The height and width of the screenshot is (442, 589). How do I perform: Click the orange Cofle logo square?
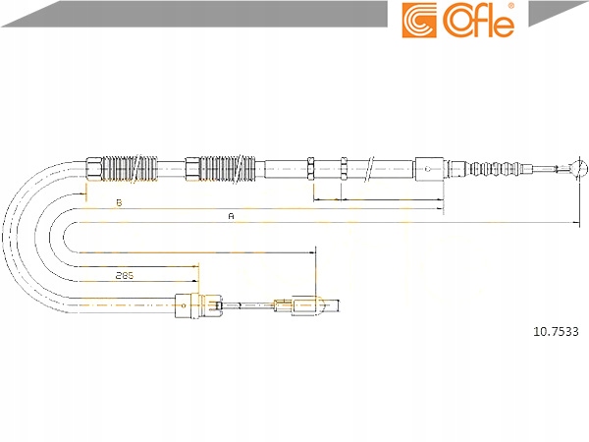coord(419,21)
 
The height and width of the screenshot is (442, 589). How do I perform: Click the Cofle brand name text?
coord(479,20)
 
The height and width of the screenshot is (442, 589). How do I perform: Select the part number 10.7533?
coord(556,332)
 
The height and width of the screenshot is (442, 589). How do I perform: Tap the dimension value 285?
coord(125,275)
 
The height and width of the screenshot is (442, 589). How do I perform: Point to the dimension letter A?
coord(232,216)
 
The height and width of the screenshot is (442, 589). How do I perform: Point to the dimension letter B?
coord(119,203)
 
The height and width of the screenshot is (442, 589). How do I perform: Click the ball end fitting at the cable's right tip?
coord(578,168)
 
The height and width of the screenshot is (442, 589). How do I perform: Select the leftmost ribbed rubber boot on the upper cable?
coord(130,169)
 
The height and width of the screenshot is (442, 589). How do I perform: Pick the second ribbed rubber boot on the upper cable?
coord(228,169)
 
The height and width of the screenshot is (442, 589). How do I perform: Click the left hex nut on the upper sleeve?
coord(310,169)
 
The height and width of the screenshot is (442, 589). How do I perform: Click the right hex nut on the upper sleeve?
coord(344,169)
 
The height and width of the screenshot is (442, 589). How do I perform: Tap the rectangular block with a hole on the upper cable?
coord(429,169)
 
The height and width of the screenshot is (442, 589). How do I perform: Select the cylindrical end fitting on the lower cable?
coord(317,305)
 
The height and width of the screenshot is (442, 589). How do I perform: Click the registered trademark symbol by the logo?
coord(510,6)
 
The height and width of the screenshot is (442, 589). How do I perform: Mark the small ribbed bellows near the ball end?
coord(495,168)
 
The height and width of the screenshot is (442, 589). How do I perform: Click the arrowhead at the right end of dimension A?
coord(576,223)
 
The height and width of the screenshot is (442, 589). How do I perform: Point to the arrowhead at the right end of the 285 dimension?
coord(195,281)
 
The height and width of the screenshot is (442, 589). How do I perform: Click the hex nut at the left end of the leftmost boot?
coord(94,169)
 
